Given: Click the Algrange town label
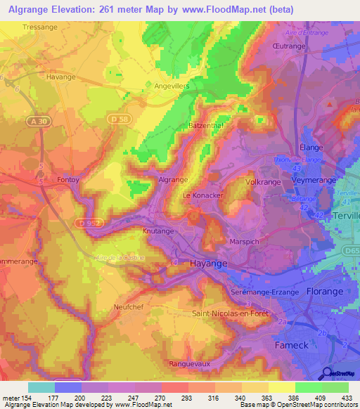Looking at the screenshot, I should (x=172, y=181).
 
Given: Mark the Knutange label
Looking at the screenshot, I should (x=158, y=231).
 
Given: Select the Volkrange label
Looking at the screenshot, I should (x=262, y=181).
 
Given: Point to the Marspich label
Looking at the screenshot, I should (x=245, y=241).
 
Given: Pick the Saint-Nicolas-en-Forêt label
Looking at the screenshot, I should (x=230, y=313).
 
